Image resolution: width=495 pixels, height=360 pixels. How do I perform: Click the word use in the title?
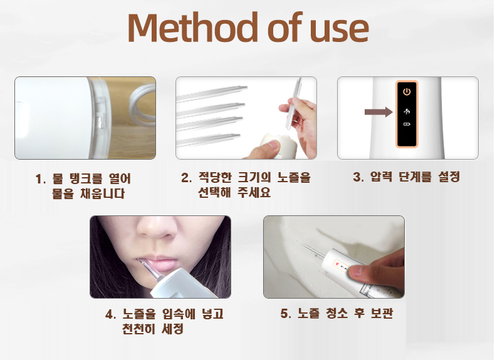point(340,31)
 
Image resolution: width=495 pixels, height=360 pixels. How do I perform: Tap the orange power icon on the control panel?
point(407,91)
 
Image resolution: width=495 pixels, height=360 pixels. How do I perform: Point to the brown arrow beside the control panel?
point(378,112)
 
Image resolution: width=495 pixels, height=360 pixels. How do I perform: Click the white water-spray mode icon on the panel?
point(407,111)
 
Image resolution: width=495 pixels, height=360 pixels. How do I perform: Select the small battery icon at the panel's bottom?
point(407,125)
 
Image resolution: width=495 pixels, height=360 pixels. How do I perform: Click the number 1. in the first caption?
point(41,179)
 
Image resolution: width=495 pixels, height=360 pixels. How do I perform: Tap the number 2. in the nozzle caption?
point(186,178)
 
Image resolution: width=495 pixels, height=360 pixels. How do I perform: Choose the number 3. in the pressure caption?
point(358,177)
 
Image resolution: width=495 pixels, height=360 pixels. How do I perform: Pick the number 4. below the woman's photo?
point(111,314)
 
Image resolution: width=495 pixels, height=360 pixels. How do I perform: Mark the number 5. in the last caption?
point(286,314)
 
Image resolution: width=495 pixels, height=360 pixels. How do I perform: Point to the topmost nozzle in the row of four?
point(212,93)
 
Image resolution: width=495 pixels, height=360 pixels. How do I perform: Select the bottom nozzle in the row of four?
point(209,140)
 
